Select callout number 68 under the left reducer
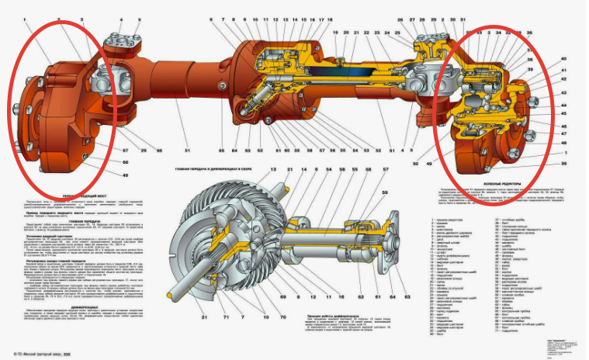[x=102, y=161]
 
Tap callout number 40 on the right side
[x=564, y=59]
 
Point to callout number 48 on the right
[x=564, y=143]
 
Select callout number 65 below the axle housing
[x=221, y=149]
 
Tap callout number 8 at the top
[x=223, y=19]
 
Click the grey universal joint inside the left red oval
[x=106, y=80]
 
